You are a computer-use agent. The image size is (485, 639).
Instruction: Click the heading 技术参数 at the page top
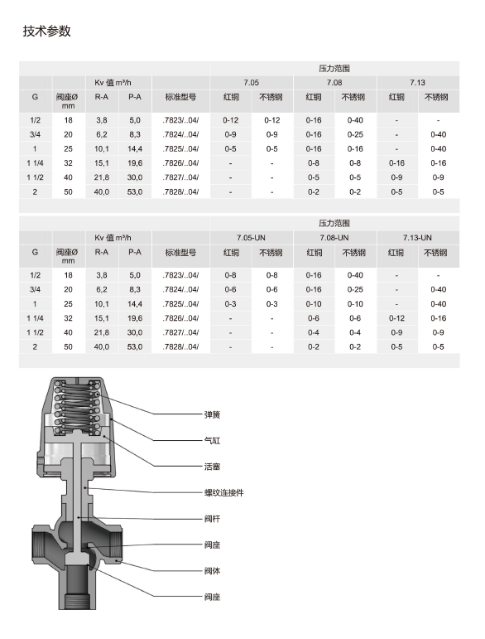47,31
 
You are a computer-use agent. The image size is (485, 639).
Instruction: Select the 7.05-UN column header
251,238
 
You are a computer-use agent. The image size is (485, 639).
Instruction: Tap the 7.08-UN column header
334,238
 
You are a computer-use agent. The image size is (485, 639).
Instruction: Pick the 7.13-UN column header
417,238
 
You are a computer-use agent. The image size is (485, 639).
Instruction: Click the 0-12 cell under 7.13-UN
396,318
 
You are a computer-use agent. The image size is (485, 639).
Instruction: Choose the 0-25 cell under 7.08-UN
355,289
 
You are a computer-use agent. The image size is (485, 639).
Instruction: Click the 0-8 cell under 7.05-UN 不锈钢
271,274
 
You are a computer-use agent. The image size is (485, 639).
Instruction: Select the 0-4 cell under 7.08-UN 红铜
314,332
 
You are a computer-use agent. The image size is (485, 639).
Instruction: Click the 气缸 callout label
212,440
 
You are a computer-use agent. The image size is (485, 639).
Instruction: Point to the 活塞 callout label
212,466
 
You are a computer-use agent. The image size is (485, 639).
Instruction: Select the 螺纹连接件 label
223,492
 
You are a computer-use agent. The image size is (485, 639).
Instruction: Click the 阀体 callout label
212,570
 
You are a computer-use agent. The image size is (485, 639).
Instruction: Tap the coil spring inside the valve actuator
81,410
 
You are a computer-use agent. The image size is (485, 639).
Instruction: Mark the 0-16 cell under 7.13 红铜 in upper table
396,163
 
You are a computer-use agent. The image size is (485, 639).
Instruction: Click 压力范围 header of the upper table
334,68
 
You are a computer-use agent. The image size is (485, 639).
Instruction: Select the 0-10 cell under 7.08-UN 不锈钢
355,303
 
